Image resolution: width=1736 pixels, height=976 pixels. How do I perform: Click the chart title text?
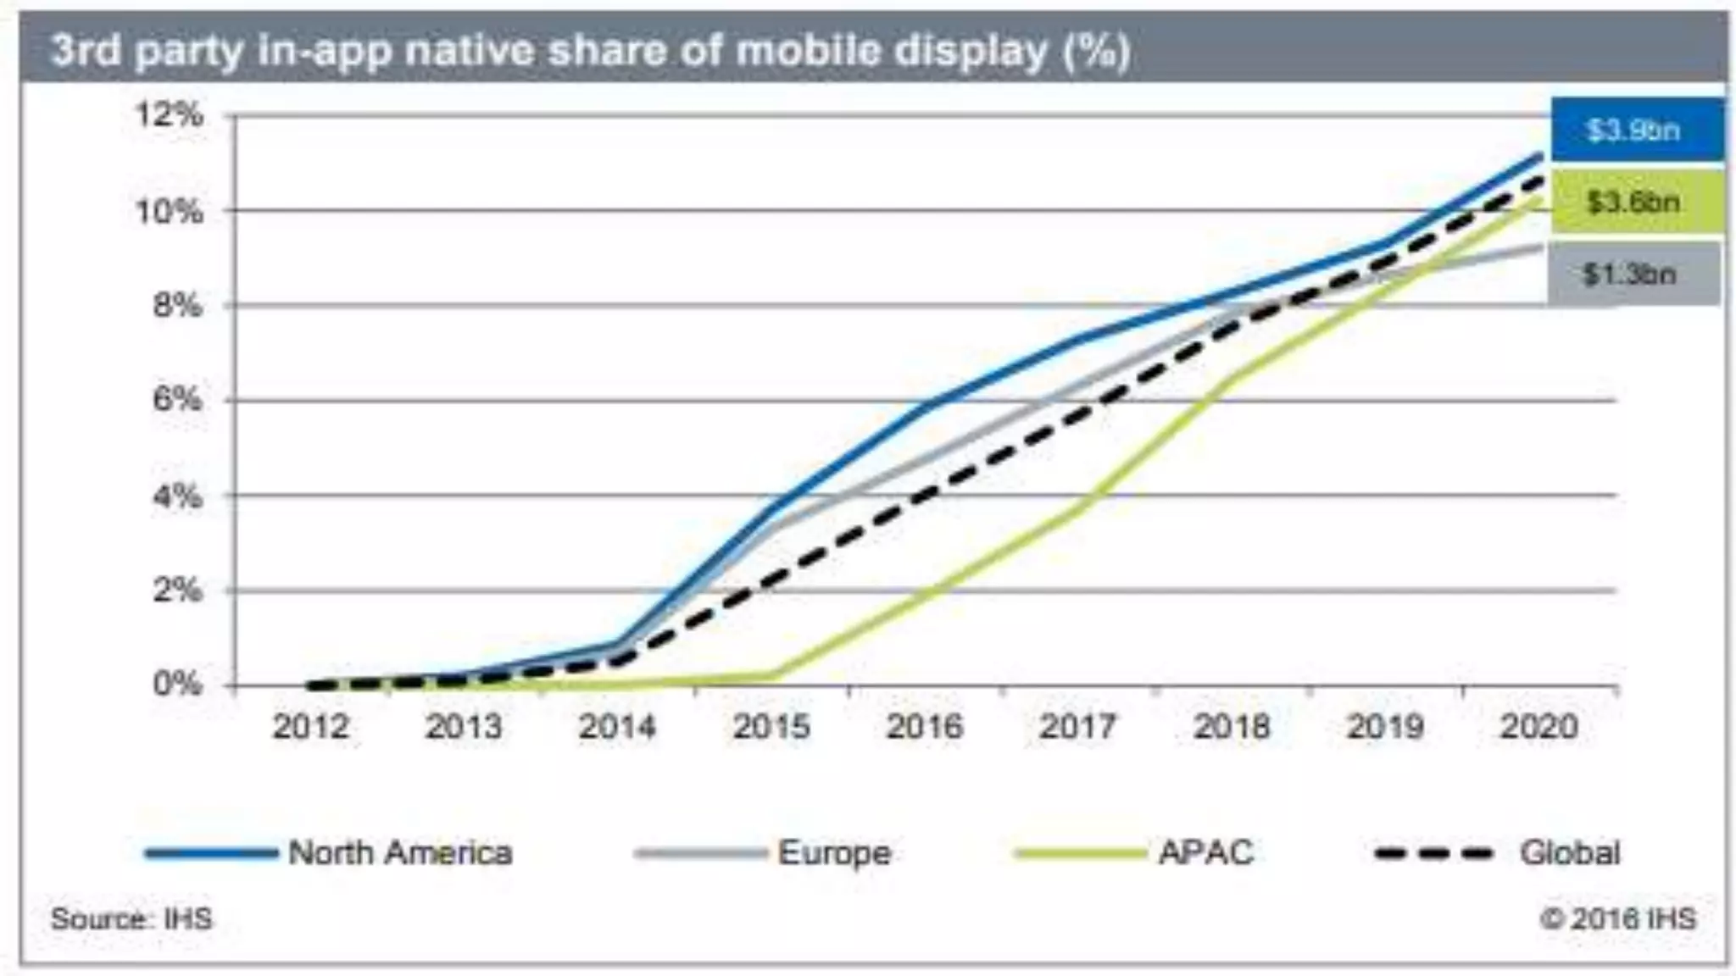[x=591, y=51]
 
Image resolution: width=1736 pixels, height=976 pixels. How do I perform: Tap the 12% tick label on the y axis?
[x=171, y=114]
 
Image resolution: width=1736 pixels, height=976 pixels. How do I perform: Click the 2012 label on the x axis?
[x=310, y=727]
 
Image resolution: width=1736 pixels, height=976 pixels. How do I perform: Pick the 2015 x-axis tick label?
[x=771, y=727]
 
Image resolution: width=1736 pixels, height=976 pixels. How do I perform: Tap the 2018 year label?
[x=1232, y=727]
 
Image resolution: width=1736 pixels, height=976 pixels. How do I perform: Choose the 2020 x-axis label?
[x=1538, y=727]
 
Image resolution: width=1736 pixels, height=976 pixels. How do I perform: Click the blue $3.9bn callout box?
[x=1636, y=130]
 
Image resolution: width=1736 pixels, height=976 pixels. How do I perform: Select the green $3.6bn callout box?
[x=1636, y=202]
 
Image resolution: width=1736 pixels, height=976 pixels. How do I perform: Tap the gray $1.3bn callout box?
[x=1633, y=274]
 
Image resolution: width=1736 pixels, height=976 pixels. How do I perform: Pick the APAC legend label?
[x=1205, y=852]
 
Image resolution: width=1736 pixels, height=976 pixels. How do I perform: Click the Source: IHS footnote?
[x=131, y=918]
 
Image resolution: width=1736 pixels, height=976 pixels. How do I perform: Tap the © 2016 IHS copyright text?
[x=1617, y=918]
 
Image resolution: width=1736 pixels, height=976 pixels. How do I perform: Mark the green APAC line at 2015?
[x=771, y=675]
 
